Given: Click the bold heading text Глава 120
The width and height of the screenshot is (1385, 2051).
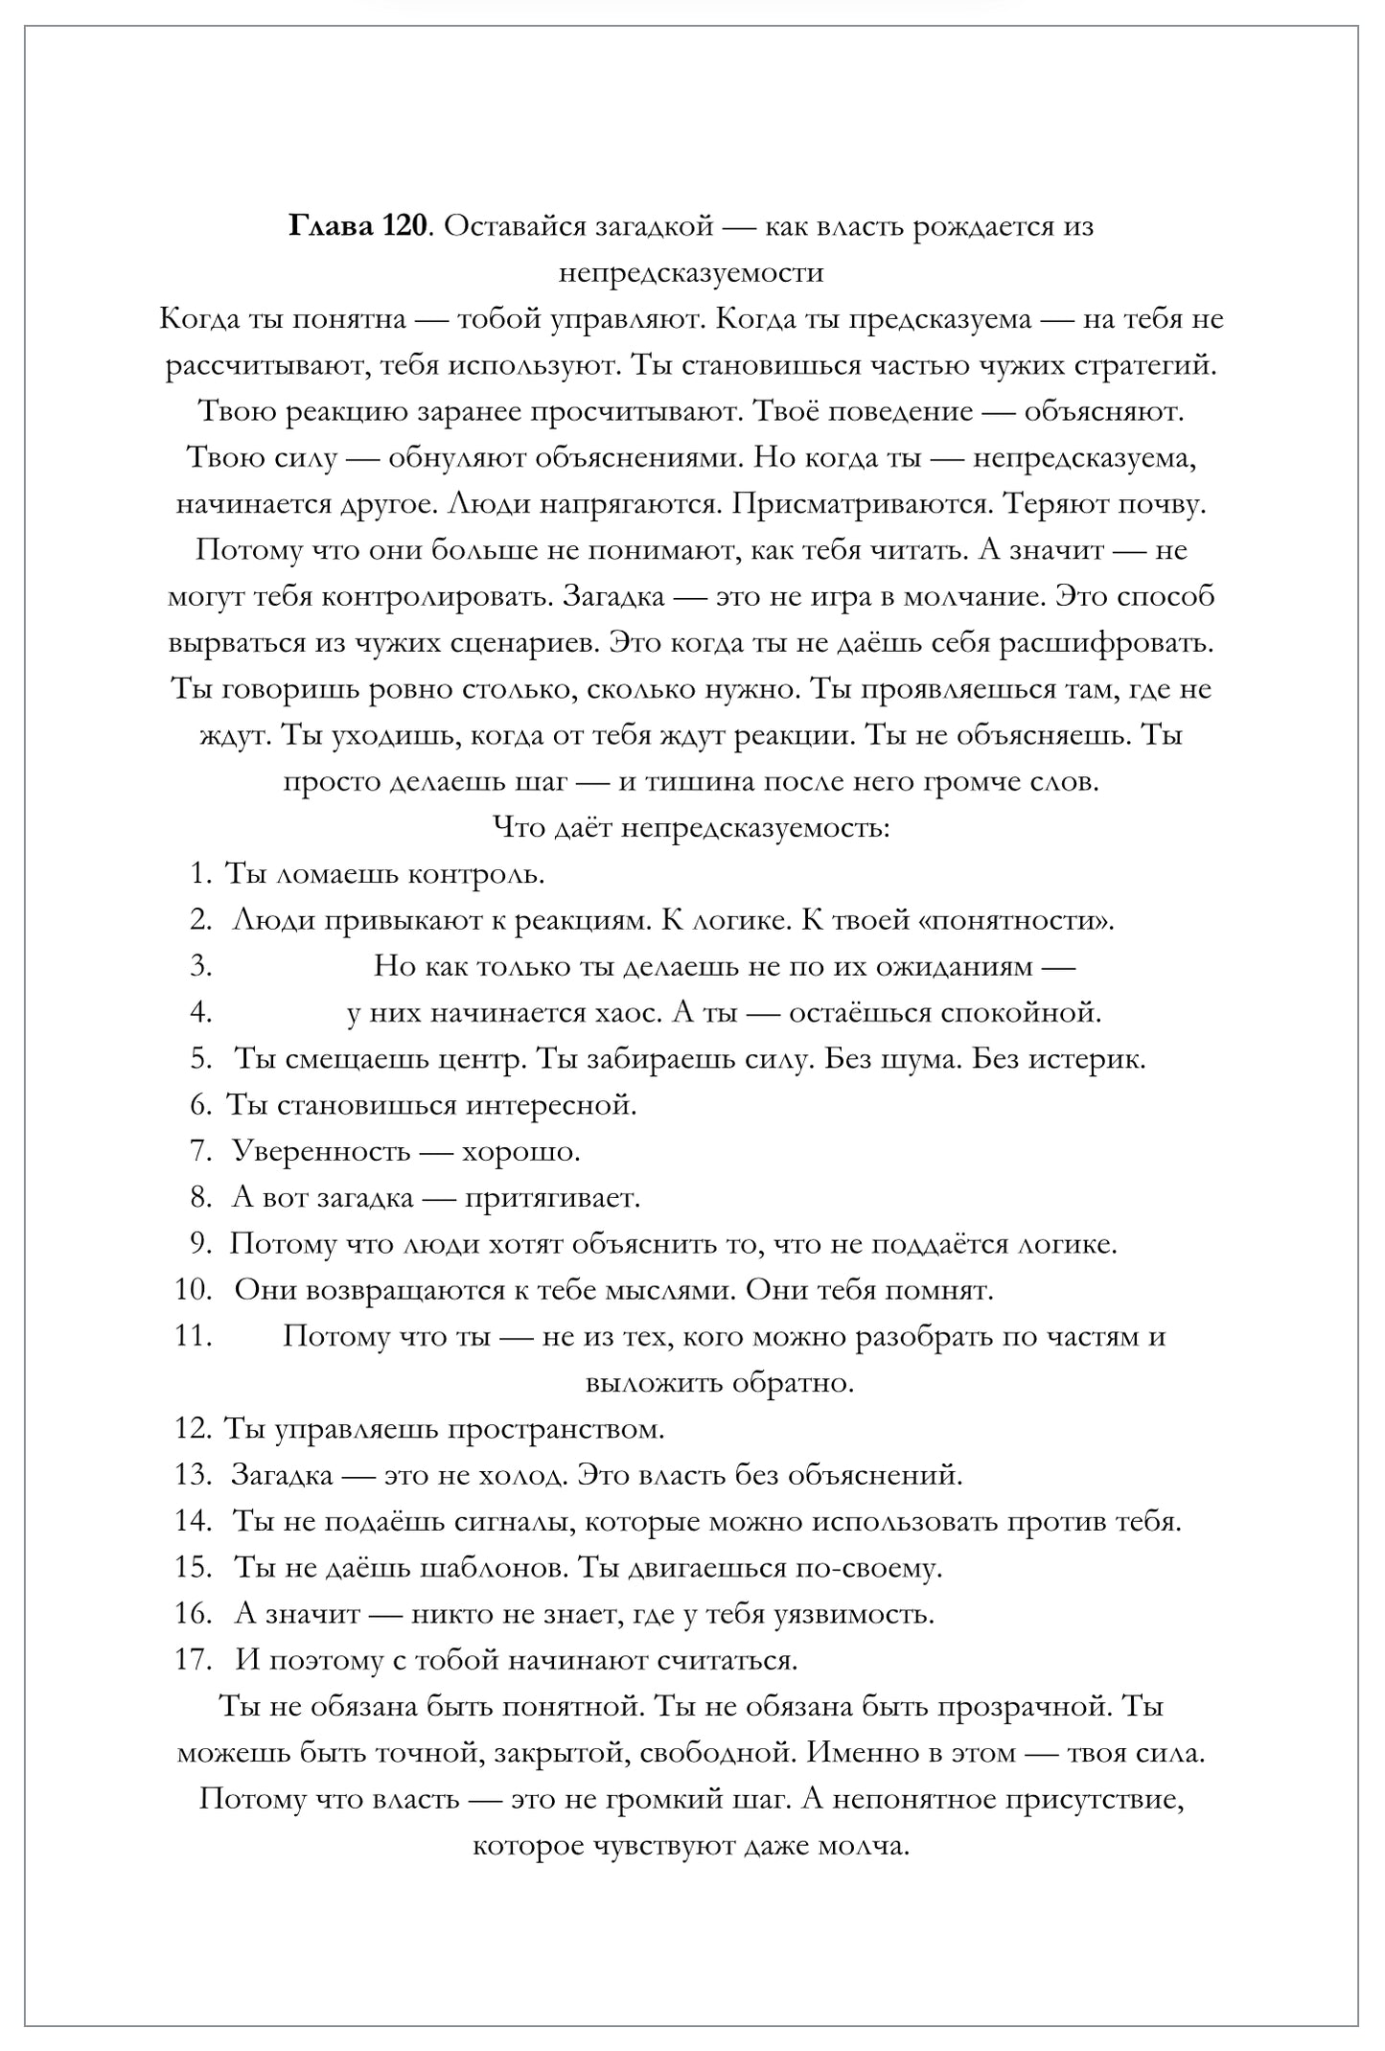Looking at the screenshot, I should point(357,227).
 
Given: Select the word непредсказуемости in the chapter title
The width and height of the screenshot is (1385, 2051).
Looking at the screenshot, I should point(691,273).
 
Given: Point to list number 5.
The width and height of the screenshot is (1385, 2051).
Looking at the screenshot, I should point(200,1059).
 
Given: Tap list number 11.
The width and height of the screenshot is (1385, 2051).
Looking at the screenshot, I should point(193,1336).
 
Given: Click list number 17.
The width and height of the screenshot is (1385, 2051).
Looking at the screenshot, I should point(193,1660).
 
